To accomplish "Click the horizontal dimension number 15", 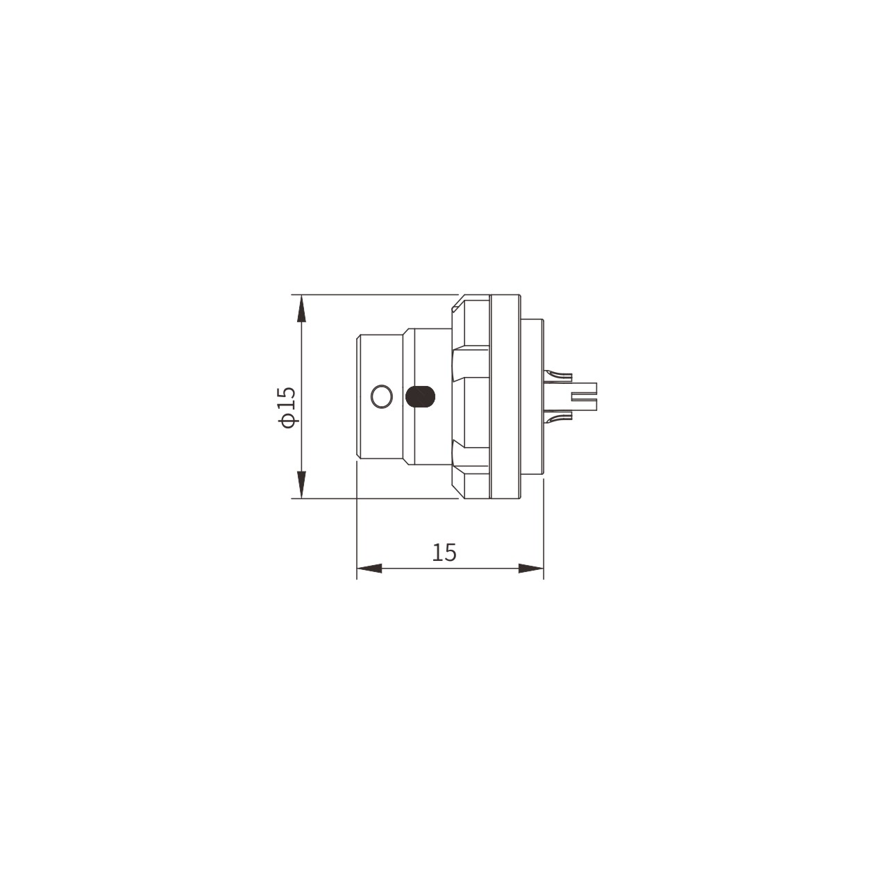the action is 444,552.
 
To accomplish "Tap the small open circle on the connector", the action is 381,397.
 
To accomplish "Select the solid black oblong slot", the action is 419,396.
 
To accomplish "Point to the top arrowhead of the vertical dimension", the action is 301,308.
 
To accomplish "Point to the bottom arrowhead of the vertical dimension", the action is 301,485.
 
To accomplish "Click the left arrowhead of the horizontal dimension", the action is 369,569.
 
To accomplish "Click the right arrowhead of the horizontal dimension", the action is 530,569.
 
